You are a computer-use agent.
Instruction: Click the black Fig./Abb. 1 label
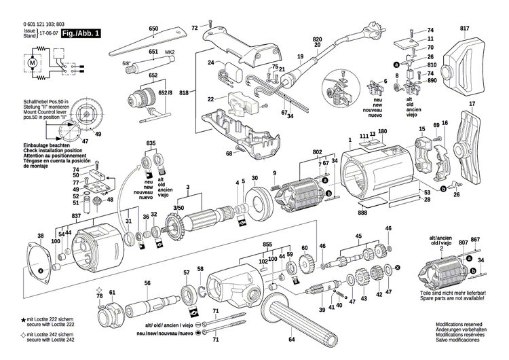80,33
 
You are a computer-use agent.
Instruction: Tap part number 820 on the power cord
317,42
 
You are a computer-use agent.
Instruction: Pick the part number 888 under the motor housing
364,213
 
